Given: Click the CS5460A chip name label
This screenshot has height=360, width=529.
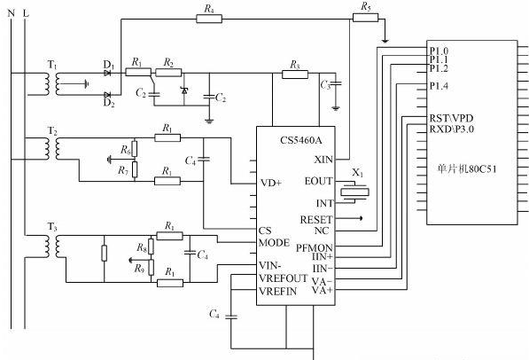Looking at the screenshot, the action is coord(301,140).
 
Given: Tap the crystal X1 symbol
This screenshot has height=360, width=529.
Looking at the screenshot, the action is coord(354,192).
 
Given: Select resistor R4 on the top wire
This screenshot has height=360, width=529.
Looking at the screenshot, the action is coord(209,19).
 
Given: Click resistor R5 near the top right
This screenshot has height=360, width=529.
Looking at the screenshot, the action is coord(365,18).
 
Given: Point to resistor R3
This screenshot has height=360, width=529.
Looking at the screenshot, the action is coord(295,74).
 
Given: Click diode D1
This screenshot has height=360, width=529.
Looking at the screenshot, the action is coord(107,73).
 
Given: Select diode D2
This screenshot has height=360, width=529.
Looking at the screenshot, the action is coord(107,95).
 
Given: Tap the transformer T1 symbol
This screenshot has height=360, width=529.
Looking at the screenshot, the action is coord(52,83).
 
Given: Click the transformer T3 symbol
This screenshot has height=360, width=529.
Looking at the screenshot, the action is coord(52,247).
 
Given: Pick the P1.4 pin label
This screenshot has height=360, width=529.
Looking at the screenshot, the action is coord(439,86).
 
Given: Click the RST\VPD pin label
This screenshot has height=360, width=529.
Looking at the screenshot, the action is coord(451,118).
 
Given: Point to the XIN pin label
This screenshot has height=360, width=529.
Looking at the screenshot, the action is coord(323,160).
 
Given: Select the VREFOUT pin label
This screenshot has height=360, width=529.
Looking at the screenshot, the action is coord(283,278).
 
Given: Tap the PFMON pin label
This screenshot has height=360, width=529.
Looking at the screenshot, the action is coord(314,248).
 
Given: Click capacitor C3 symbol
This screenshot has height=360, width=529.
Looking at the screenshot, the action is coord(336,83).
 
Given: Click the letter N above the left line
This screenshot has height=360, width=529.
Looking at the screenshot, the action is coord(12,13).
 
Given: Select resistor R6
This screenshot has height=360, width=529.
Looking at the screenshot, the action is coord(135,149).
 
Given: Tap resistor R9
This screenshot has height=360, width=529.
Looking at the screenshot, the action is coord(152,268).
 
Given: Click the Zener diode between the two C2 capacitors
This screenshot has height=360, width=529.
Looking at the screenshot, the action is coord(184,90).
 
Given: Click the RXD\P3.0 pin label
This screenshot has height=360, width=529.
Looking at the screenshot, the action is coord(451,129).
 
